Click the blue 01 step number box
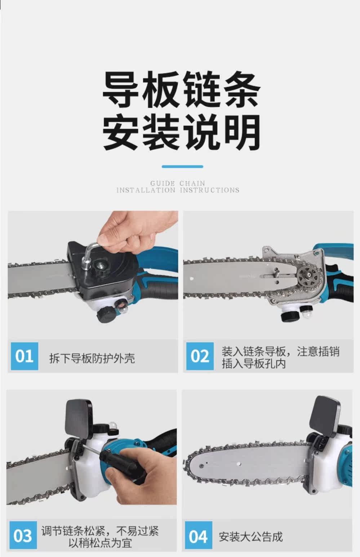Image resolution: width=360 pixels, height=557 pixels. coord(25,356)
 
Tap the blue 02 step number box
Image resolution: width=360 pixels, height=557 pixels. coord(200,356)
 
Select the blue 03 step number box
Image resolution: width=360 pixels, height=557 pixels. coord(23,535)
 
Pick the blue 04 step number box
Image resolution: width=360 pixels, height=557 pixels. coord(199,535)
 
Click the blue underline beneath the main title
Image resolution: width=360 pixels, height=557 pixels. coord(182,166)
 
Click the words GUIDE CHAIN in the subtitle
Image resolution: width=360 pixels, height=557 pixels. coord(178,183)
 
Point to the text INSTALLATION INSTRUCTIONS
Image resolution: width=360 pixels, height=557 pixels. coord(178,190)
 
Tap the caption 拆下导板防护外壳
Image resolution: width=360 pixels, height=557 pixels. coord(92,358)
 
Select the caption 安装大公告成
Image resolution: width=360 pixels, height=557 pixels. coord(251,536)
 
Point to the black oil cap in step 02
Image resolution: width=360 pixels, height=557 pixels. coord(289,315)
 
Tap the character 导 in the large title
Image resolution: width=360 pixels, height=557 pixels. coord(121,89)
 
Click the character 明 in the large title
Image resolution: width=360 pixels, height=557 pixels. coord(244,132)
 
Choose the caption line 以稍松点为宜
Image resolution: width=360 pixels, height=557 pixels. coord(100,543)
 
